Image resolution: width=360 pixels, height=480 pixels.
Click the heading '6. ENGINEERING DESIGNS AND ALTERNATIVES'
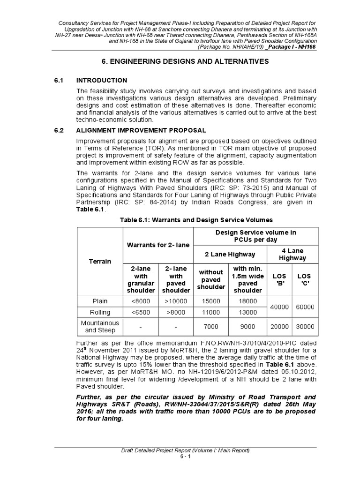click(185, 61)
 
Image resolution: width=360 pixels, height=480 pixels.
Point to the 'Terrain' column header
click(99, 261)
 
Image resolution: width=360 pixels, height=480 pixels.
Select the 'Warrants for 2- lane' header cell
click(157, 244)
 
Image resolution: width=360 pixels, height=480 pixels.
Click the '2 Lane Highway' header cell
click(230, 254)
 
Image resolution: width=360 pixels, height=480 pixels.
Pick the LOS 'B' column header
click(280, 279)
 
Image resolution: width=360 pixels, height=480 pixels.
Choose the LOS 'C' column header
click(304, 279)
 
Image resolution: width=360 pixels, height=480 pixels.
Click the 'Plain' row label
click(99, 301)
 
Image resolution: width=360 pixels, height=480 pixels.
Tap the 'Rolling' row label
click(99, 312)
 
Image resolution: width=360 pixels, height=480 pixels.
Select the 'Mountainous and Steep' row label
click(99, 327)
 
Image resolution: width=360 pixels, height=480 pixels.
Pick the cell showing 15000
click(211, 301)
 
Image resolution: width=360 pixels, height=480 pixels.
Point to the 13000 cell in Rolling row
click(247, 312)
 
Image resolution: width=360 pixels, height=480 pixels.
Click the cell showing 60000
click(304, 307)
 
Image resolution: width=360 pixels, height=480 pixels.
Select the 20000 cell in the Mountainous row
click(280, 327)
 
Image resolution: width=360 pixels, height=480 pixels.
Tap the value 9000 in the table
click(247, 327)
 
